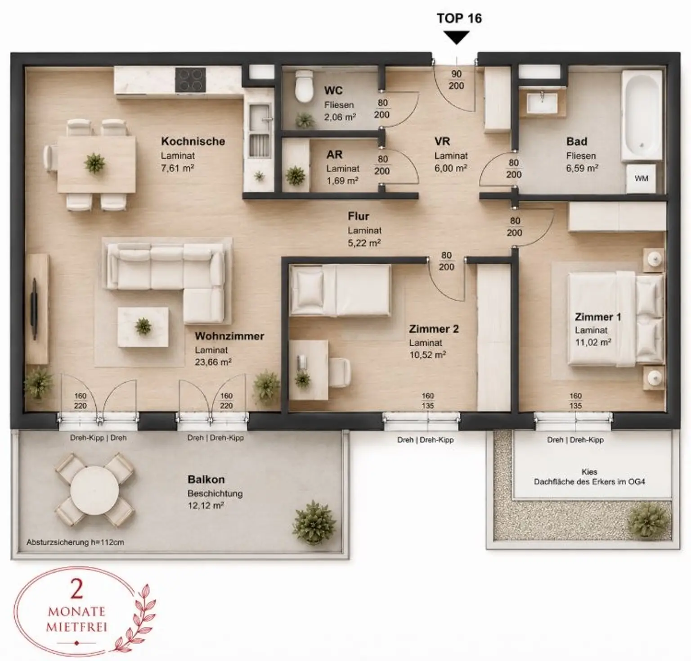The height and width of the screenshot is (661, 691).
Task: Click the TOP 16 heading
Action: coord(459,18)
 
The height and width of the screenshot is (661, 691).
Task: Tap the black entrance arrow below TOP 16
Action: coord(457,37)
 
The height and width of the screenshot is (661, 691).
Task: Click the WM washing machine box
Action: coord(641,178)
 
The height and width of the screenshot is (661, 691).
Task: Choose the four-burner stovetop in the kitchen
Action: coord(190,80)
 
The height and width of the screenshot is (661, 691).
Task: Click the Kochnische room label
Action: coord(193,141)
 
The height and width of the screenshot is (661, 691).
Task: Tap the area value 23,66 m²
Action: coord(213,362)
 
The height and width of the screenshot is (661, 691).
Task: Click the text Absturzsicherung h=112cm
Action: coord(75,542)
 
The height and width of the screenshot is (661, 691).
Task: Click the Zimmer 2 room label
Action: coord(434,329)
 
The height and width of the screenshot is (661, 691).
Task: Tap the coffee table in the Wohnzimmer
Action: coord(143,327)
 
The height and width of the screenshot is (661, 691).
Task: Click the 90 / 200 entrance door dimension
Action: coord(456,80)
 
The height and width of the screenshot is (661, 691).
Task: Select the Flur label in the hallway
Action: coord(358,216)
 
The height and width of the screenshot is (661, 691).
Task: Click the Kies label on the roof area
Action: coord(589,472)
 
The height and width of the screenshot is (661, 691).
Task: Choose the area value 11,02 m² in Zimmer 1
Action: coord(593,342)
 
